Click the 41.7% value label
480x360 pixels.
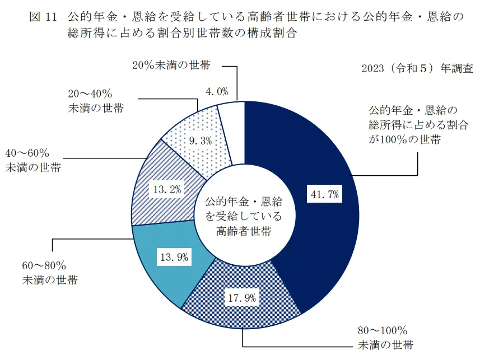tap(325, 194)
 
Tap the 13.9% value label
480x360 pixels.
tap(174, 258)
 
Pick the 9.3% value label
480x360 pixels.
tap(201, 141)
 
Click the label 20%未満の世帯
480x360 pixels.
tap(171, 65)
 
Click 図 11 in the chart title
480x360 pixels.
tap(43, 17)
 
